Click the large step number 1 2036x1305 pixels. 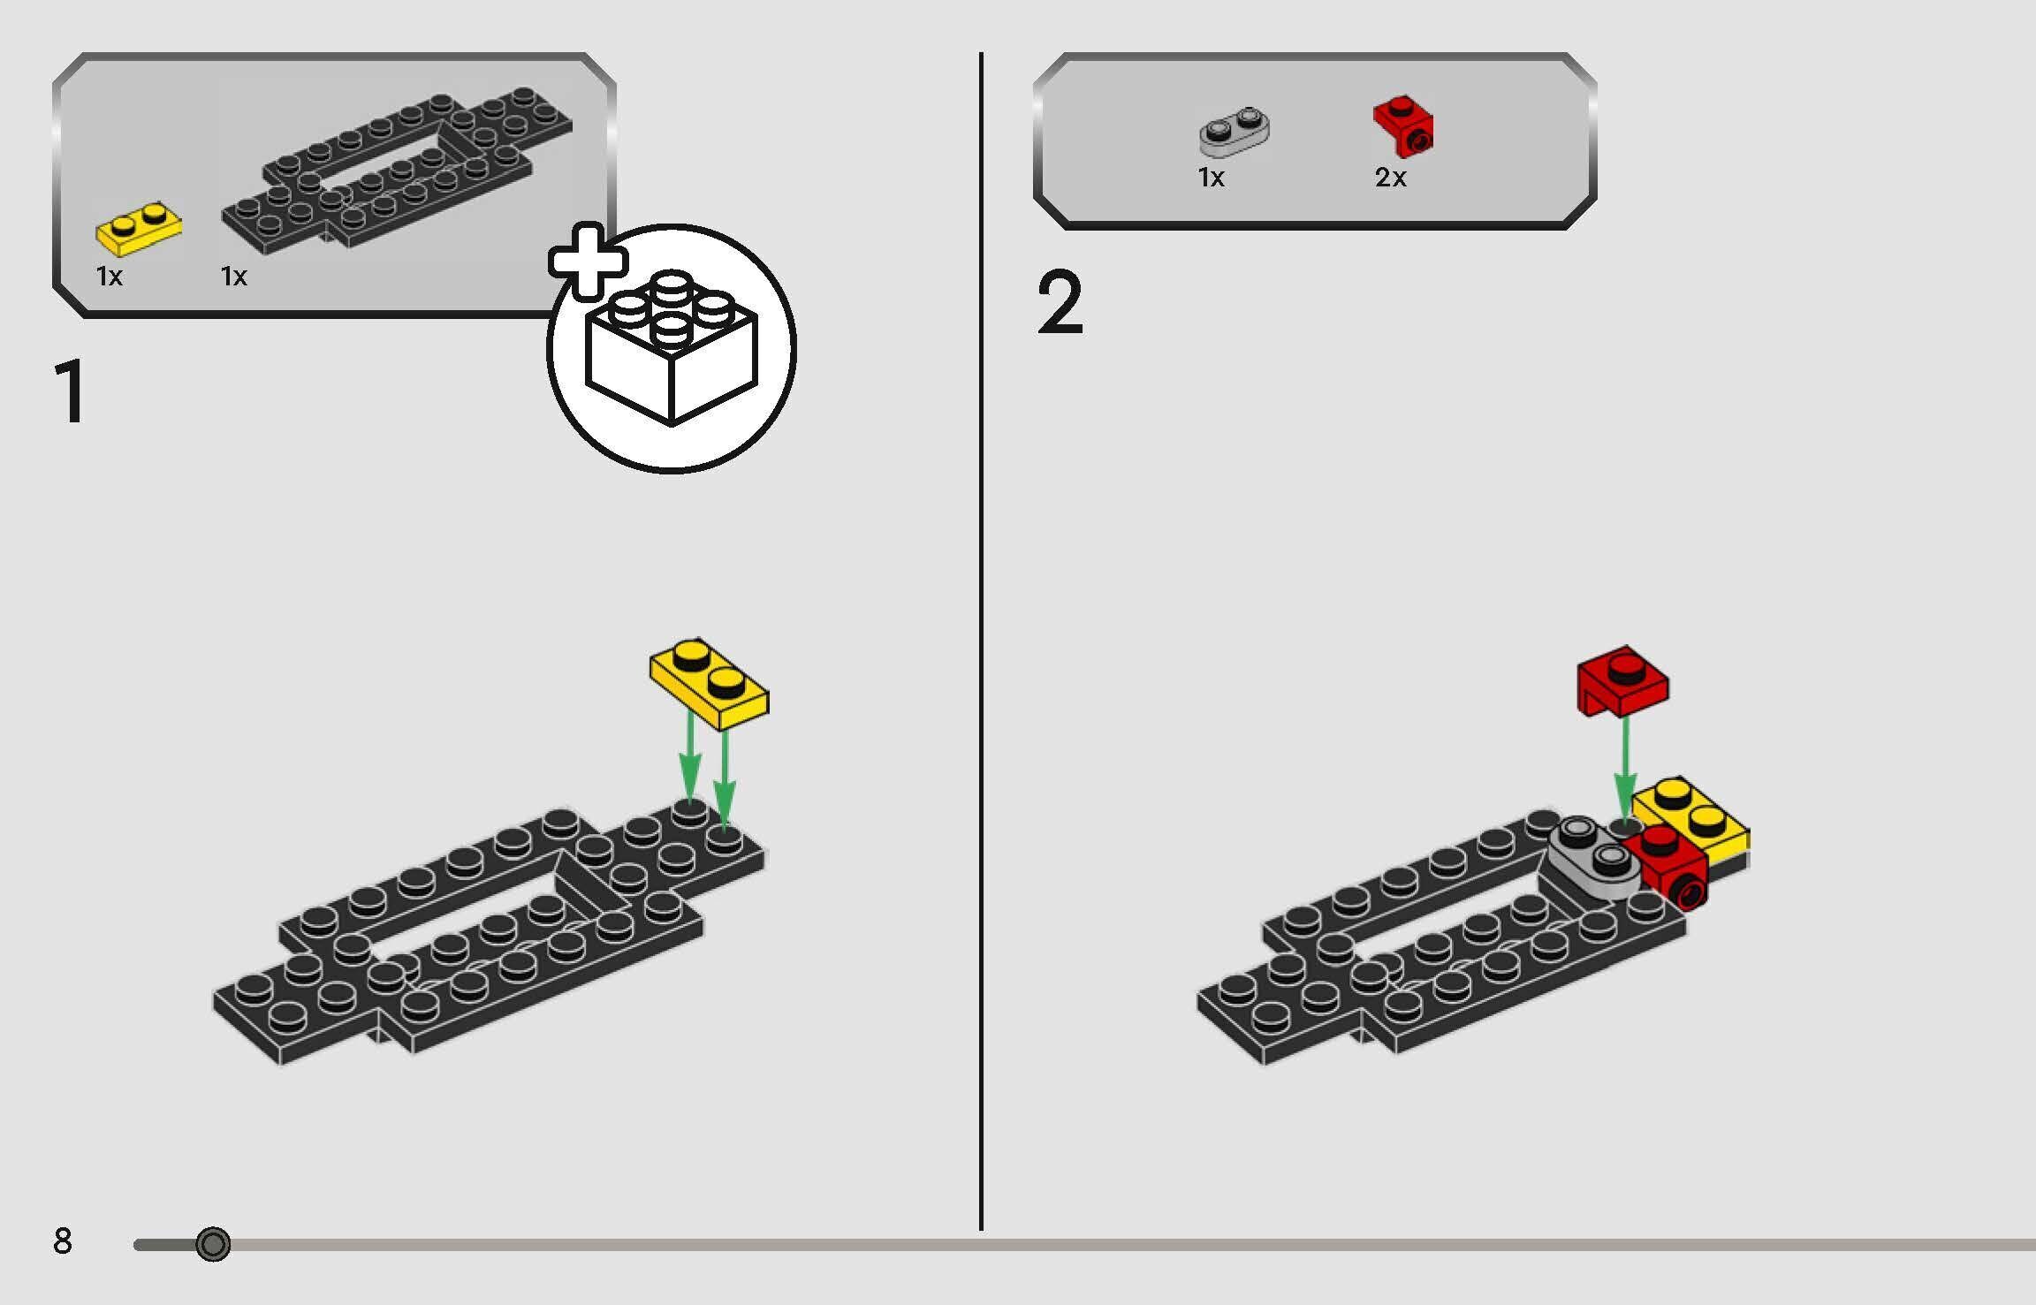tap(71, 392)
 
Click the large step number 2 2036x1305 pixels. tap(1060, 303)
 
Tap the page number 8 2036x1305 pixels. tap(63, 1241)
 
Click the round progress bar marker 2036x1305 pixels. tap(213, 1244)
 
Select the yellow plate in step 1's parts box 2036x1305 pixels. tap(139, 229)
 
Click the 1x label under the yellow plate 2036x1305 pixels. tap(110, 277)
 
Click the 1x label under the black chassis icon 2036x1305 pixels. tap(234, 277)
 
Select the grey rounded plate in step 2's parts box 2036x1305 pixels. tap(1235, 131)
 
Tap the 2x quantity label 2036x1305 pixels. tap(1390, 178)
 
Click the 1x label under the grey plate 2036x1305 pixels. tap(1211, 178)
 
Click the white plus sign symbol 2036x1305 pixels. tap(588, 262)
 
